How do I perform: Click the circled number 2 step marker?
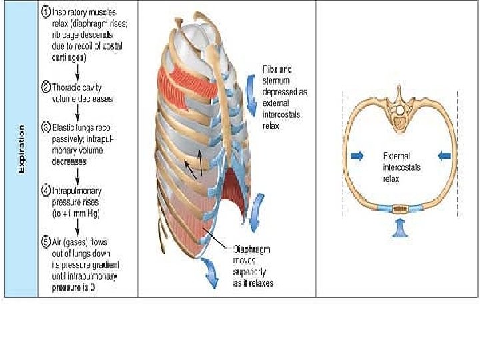46,87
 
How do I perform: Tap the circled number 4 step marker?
46,190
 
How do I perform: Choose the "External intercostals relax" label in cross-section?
401,167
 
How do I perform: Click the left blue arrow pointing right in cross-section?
357,155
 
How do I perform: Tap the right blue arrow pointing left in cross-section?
444,155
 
